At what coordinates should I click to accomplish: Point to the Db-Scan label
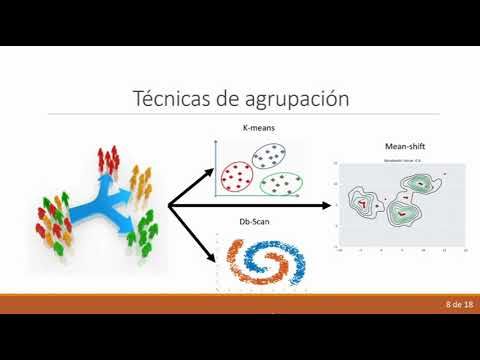(254, 223)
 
